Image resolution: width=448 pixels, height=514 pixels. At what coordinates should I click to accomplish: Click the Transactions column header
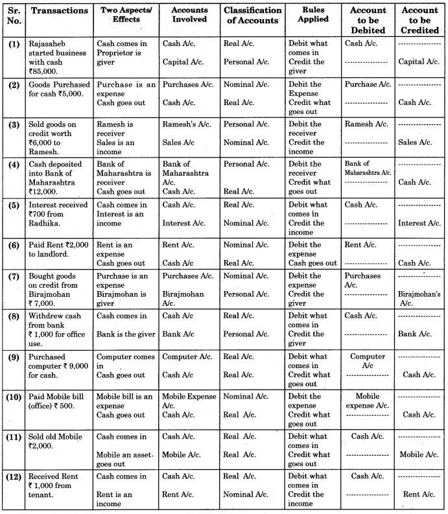tap(60, 11)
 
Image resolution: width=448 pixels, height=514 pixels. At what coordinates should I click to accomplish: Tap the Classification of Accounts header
tap(252, 15)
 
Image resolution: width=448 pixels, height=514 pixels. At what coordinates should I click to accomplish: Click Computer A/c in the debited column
tap(368, 360)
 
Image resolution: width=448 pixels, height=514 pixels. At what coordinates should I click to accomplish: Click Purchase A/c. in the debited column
tap(368, 84)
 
